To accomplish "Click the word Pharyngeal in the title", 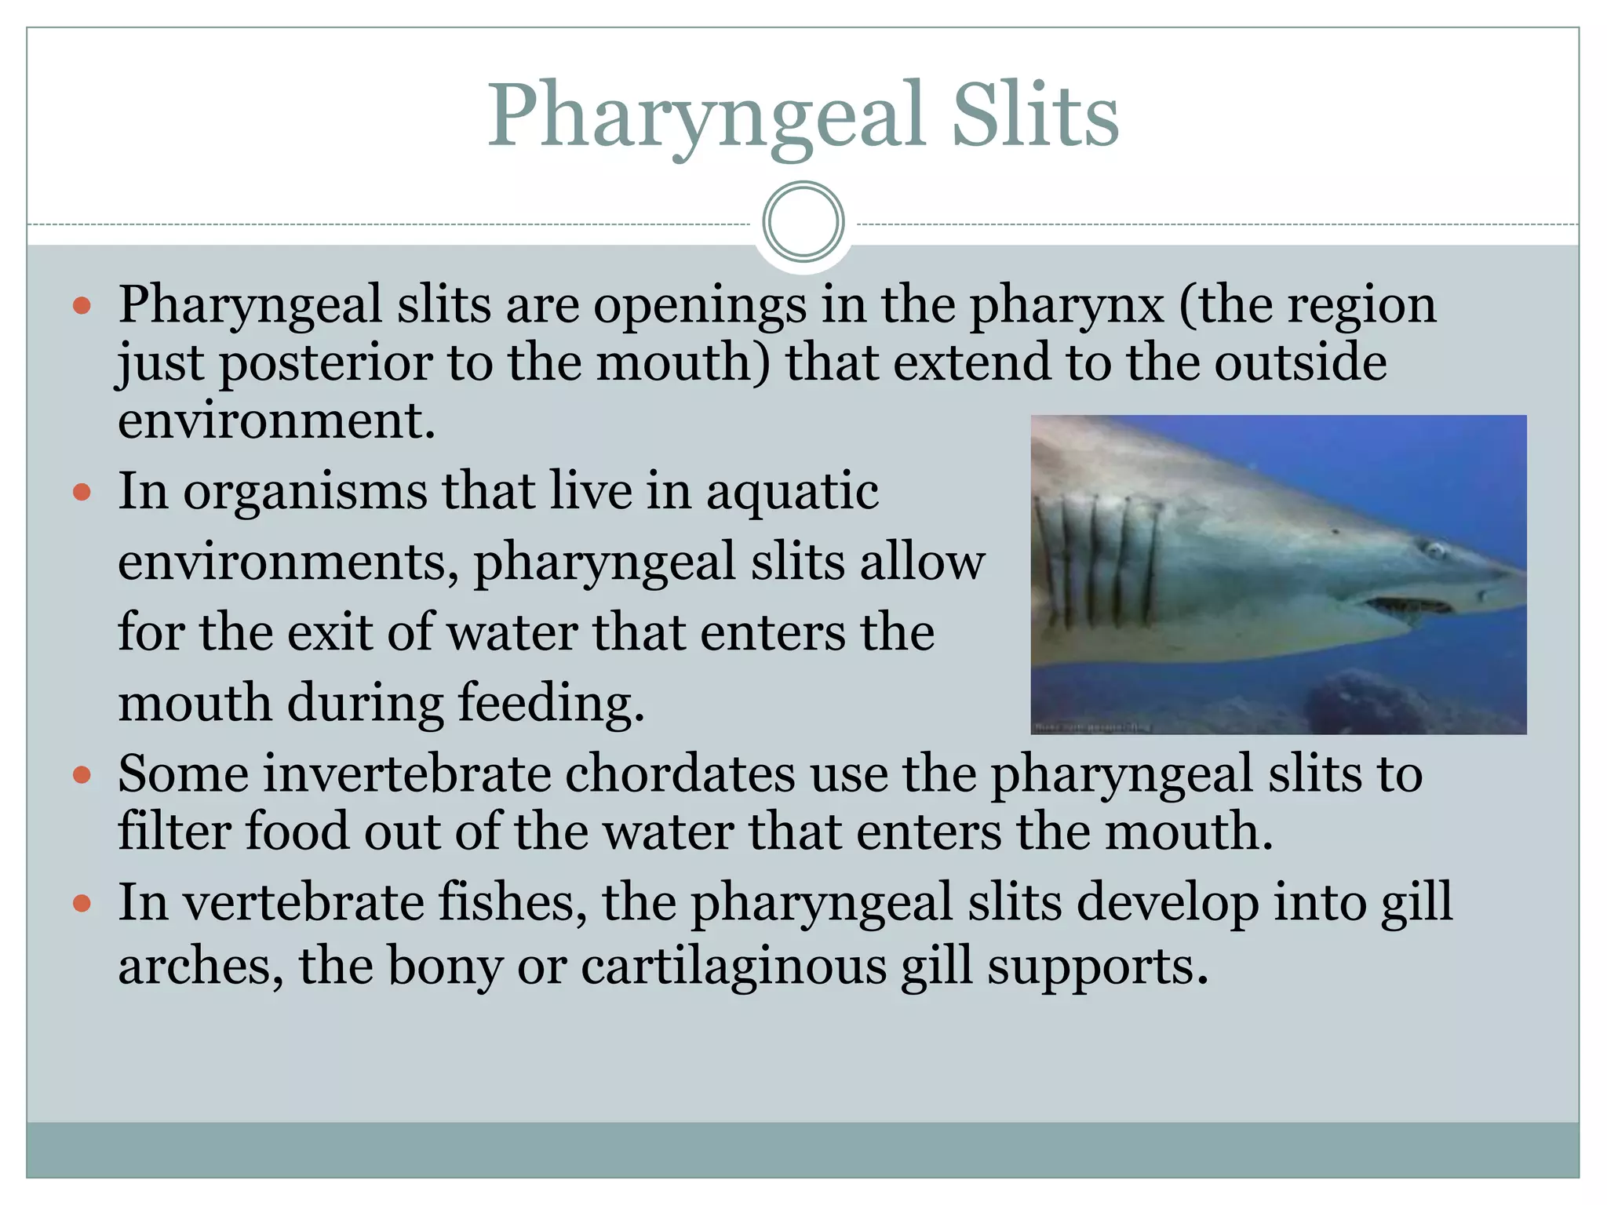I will [706, 116].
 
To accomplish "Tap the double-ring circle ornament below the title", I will [803, 222].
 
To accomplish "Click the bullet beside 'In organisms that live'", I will [82, 493].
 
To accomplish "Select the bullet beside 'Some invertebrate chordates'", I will [82, 776].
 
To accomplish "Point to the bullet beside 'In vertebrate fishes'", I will [82, 904].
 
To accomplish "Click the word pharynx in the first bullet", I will [1066, 306].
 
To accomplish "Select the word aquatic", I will [792, 492].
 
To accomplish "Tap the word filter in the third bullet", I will [173, 832].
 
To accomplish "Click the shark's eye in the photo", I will [1434, 550].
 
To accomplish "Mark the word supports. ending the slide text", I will [1097, 967].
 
